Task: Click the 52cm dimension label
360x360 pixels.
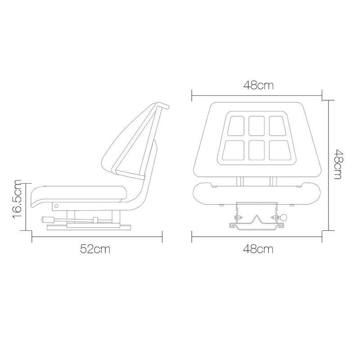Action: tap(95, 249)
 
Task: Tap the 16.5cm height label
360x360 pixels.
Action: tap(17, 199)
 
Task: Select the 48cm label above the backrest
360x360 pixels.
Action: tap(258, 85)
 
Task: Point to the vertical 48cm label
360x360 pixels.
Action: tap(338, 164)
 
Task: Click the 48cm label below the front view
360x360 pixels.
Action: tap(258, 249)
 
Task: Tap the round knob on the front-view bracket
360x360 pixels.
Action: tap(284, 217)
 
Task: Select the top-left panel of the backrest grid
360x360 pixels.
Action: tap(236, 126)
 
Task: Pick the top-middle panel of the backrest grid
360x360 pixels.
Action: tap(256, 126)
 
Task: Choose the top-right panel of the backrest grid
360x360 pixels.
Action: tap(277, 126)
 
